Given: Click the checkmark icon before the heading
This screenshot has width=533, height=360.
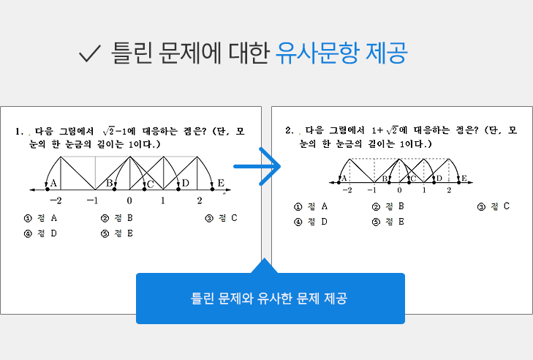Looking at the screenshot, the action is pyautogui.click(x=89, y=53).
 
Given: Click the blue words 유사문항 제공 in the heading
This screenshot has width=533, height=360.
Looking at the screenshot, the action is pyautogui.click(x=341, y=53).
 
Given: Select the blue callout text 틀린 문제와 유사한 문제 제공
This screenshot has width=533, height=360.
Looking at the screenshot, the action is pyautogui.click(x=269, y=299).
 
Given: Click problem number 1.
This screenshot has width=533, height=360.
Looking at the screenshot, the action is pyautogui.click(x=19, y=132).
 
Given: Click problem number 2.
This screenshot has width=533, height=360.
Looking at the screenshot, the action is pyautogui.click(x=290, y=130).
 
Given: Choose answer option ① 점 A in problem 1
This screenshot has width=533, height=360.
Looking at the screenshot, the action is pyautogui.click(x=40, y=218).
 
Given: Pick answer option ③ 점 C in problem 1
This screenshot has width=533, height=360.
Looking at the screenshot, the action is pyautogui.click(x=222, y=218).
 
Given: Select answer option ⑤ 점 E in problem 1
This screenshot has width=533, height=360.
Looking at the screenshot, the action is pyautogui.click(x=117, y=233).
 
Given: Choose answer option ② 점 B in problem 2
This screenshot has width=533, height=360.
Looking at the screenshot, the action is pyautogui.click(x=388, y=206).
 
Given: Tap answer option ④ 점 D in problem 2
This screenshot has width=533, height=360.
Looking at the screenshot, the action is pyautogui.click(x=310, y=222).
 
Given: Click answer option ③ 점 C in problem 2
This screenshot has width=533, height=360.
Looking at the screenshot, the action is pyautogui.click(x=494, y=206).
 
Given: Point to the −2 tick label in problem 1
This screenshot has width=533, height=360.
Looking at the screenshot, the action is pyautogui.click(x=56, y=200).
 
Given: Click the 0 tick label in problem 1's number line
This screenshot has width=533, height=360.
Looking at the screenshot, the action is pyautogui.click(x=129, y=200).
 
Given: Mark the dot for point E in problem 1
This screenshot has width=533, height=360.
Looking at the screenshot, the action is pyautogui.click(x=213, y=190).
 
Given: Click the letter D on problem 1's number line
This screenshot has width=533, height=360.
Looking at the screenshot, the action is pyautogui.click(x=185, y=183).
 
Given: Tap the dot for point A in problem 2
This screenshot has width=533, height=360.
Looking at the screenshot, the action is pyautogui.click(x=339, y=183).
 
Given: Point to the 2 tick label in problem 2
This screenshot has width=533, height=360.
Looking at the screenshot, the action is pyautogui.click(x=449, y=190).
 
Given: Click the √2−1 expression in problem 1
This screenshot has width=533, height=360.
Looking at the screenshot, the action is pyautogui.click(x=115, y=131).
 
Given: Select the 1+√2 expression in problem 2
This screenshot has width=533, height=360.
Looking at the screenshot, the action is pyautogui.click(x=385, y=130).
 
